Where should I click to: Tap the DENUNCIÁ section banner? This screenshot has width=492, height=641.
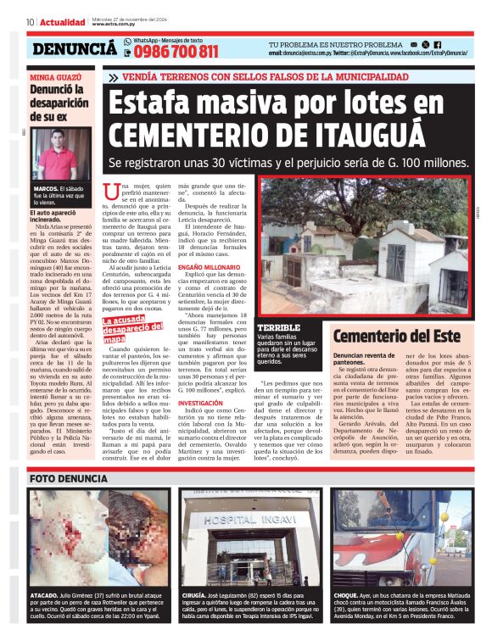point(75,49)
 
